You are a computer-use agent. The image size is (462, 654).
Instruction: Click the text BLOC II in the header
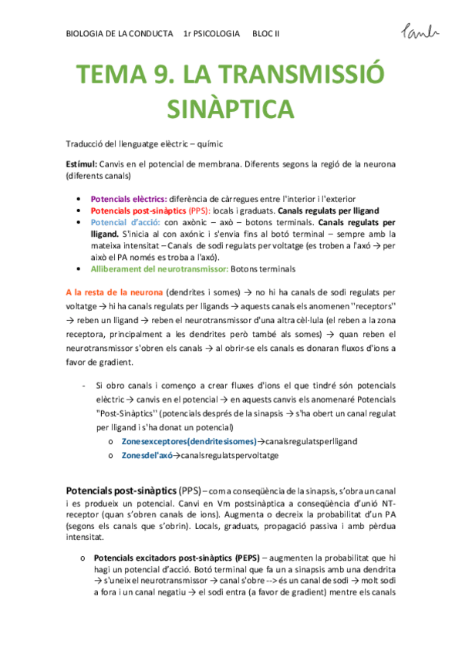tap(266, 35)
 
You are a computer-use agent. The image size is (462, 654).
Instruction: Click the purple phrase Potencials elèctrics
tap(128, 199)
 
